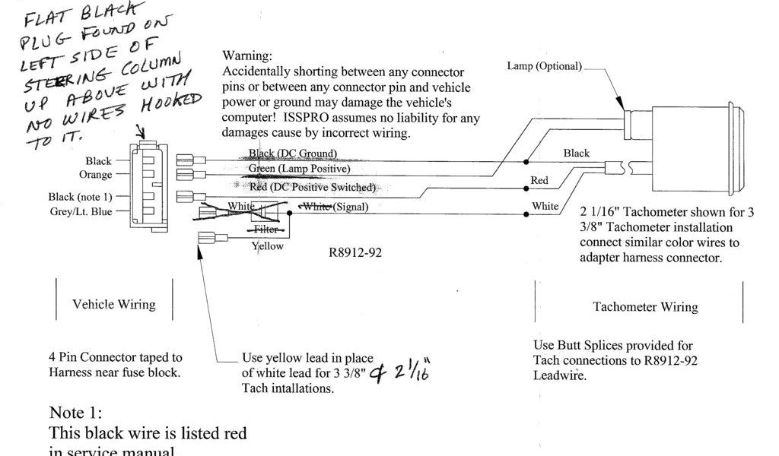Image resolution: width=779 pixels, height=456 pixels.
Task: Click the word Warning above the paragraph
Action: [246, 56]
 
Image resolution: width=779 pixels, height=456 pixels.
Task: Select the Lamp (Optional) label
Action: [544, 66]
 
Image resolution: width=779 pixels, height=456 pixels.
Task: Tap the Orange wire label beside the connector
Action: [96, 175]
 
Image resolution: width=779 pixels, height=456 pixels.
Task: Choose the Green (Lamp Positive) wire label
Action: [299, 168]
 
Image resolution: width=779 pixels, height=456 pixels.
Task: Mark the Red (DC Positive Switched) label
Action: [312, 187]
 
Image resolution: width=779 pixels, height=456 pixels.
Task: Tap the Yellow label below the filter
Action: [267, 245]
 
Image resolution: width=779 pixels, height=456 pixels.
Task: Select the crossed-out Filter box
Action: [266, 228]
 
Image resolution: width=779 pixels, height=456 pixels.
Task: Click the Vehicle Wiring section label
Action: [114, 304]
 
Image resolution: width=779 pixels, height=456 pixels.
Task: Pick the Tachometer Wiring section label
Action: [645, 307]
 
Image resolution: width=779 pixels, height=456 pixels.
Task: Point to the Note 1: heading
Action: [75, 413]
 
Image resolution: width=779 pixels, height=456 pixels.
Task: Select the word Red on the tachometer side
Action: [539, 181]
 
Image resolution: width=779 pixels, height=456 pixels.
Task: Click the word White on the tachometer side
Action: [545, 206]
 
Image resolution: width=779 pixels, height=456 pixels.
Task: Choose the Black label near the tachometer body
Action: [576, 154]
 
